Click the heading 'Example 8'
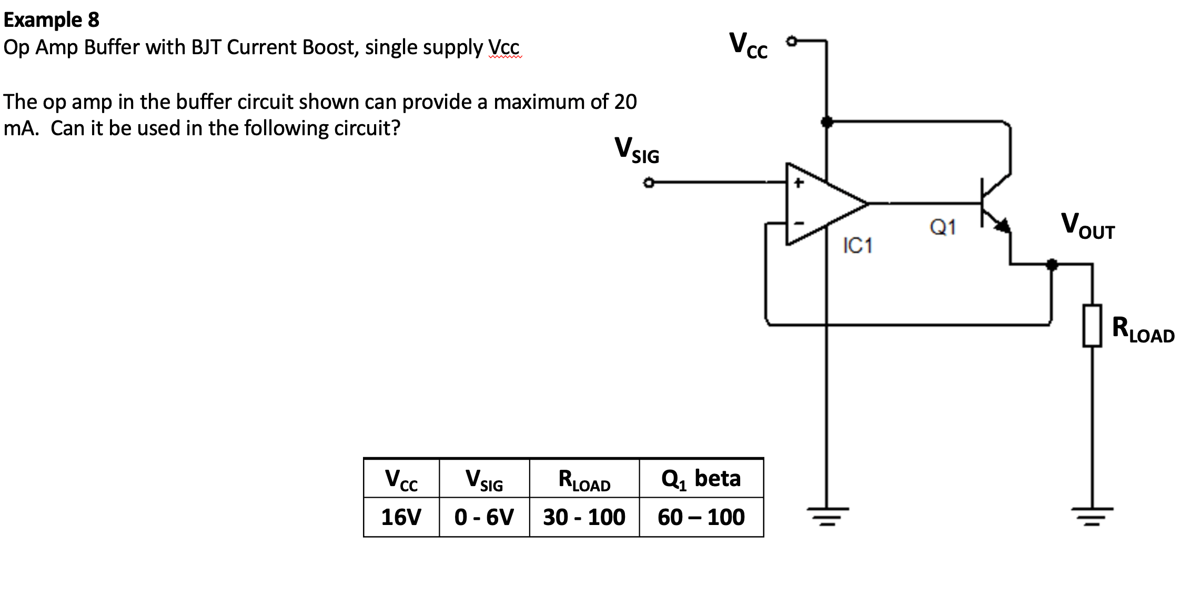point(51,20)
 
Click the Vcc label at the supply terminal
point(748,45)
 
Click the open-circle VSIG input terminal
point(649,183)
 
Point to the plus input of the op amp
point(799,183)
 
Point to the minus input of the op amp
point(799,224)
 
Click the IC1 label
point(857,246)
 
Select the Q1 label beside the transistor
point(943,227)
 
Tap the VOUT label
point(1087,226)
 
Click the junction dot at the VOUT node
point(1052,264)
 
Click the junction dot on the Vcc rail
point(827,122)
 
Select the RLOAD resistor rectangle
point(1092,326)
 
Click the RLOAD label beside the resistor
point(1143,330)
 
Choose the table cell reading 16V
point(401,517)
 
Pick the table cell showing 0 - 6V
point(484,517)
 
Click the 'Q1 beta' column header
point(701,479)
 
